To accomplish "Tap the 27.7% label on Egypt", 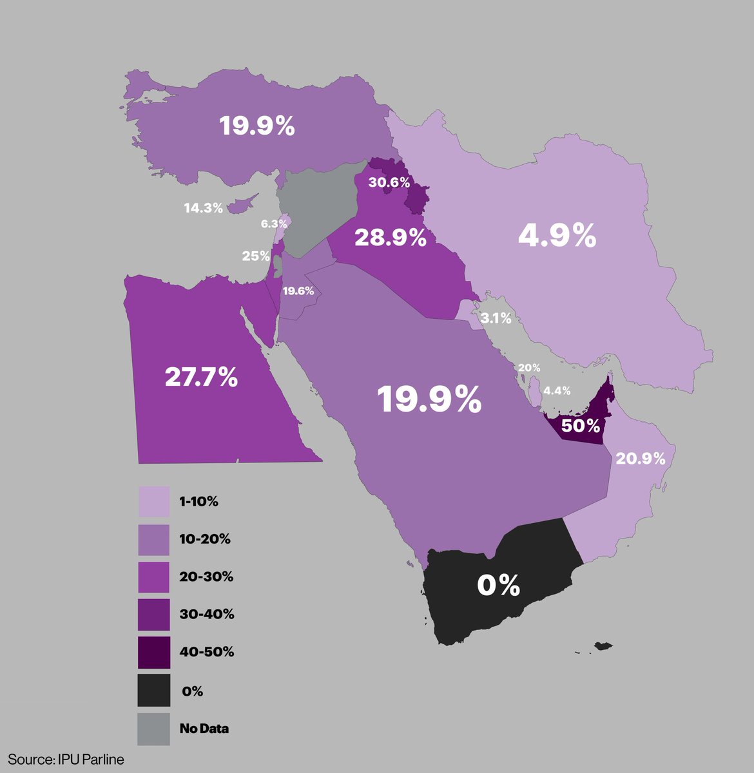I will [201, 377].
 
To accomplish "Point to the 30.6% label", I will [389, 182].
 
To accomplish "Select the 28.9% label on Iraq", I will [391, 238].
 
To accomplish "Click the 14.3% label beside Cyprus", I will [203, 208].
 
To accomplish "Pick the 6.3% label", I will [274, 224].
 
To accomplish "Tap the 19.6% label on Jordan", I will [298, 291].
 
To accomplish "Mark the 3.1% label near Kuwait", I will [496, 318].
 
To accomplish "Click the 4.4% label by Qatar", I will [557, 390].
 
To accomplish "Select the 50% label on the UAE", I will [581, 426].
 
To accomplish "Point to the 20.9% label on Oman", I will [641, 458].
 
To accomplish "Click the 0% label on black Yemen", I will [498, 586].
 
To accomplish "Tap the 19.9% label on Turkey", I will [256, 126].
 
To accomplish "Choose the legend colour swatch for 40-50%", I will [154, 652].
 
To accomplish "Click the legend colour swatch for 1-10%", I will [154, 501].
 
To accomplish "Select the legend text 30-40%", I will [207, 614].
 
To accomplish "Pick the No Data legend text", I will [204, 729].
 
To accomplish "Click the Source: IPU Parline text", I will [66, 759].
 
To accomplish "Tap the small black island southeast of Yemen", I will [603, 645].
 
